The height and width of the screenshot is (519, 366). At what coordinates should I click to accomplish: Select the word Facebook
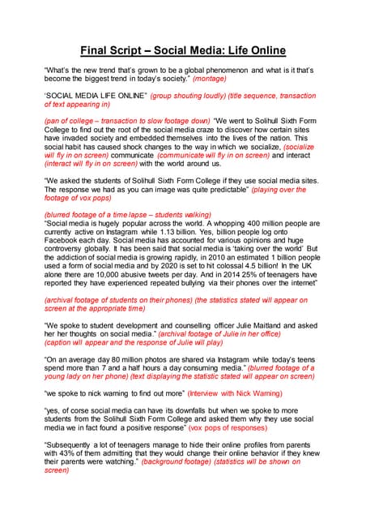point(66,241)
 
